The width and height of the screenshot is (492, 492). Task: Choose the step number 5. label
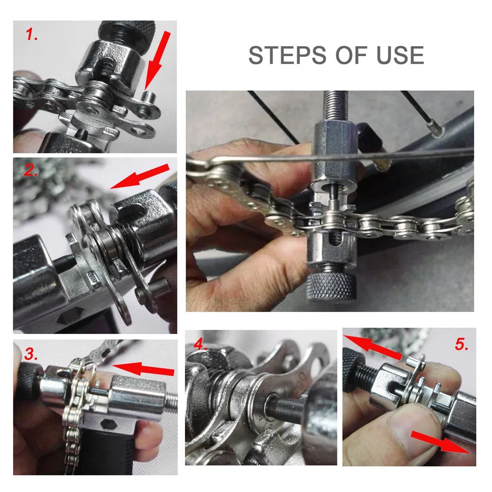tap(461, 344)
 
